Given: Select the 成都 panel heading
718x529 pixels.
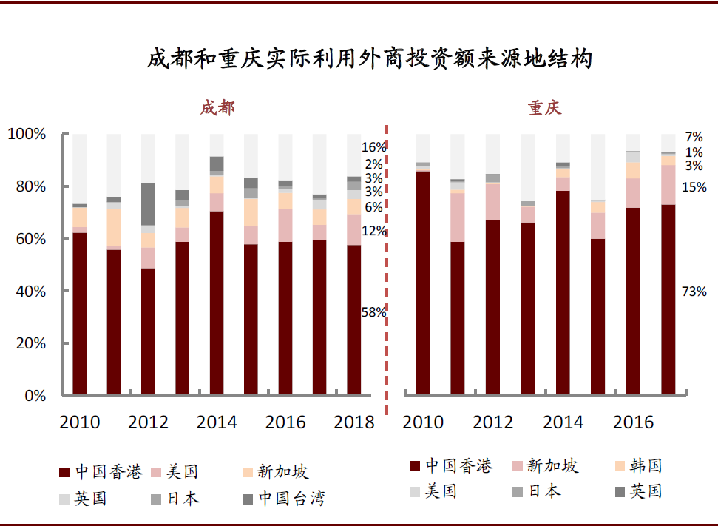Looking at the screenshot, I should (x=217, y=108).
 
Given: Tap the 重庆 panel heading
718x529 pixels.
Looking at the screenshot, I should (x=544, y=108).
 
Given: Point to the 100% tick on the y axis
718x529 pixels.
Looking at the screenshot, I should (x=27, y=135).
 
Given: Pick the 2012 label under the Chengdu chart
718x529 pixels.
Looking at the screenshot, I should (x=148, y=422).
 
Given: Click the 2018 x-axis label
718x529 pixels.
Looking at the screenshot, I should (x=354, y=422).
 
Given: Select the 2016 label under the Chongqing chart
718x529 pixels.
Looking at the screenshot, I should (x=634, y=422).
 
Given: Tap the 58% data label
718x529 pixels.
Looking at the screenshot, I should (x=373, y=312).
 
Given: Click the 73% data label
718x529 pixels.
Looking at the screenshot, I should (x=694, y=292).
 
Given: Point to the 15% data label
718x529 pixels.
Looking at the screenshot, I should (x=694, y=188).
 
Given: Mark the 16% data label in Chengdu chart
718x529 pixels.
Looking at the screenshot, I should (x=373, y=147).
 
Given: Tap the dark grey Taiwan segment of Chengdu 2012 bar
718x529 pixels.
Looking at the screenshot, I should (x=148, y=203).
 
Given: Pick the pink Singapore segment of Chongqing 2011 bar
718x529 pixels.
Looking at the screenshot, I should (x=458, y=217).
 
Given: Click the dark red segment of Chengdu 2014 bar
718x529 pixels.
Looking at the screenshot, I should (x=217, y=303).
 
